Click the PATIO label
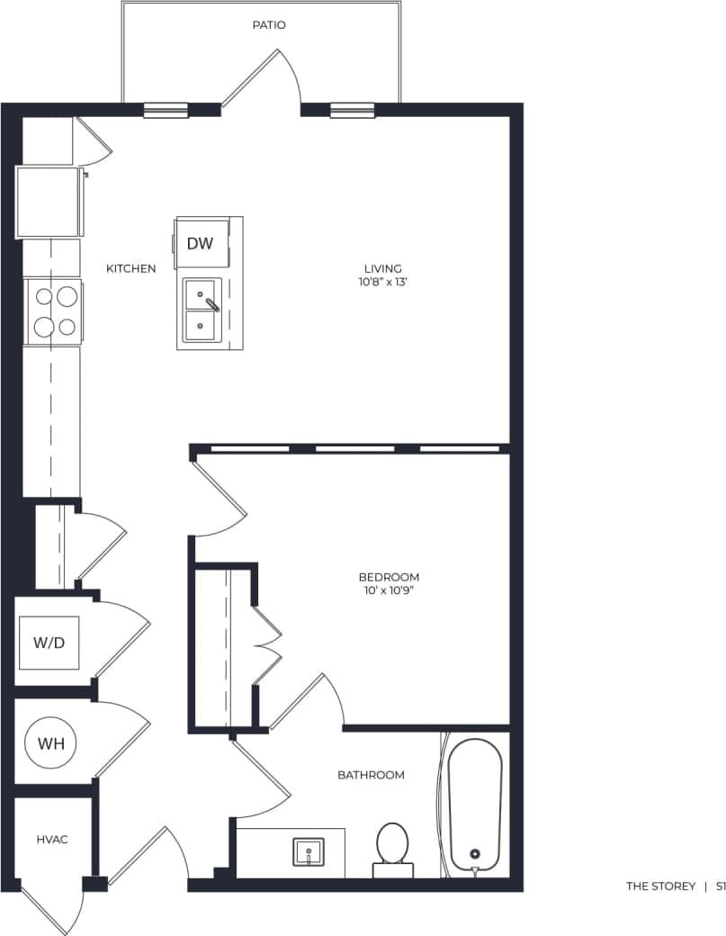(x=268, y=25)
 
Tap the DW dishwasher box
(x=200, y=243)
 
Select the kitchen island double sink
(x=202, y=310)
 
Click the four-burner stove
(x=53, y=310)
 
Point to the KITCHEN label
(x=130, y=268)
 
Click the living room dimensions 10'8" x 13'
(x=382, y=282)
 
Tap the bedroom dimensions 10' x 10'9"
(x=389, y=590)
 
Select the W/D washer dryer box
(x=49, y=643)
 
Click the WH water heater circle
(x=50, y=743)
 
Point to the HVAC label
(x=52, y=839)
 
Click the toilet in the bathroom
(x=392, y=846)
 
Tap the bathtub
(x=475, y=803)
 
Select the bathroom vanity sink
(x=309, y=850)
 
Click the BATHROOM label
(x=371, y=774)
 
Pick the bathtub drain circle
(x=475, y=854)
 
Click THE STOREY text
(x=660, y=886)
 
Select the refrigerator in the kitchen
(x=49, y=202)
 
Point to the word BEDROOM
(x=389, y=577)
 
